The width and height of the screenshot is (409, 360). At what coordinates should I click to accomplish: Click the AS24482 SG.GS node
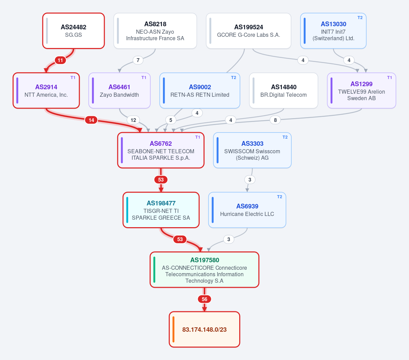coord(74,31)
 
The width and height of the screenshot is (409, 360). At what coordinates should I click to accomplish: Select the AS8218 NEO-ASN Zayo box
coord(155,31)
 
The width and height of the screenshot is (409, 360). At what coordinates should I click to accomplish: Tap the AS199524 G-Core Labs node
coord(248,31)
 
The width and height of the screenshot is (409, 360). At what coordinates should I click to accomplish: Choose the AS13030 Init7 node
coord(333,31)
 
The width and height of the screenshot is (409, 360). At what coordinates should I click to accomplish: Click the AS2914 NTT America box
coord(46,91)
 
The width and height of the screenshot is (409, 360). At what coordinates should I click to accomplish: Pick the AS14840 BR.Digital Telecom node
coord(284,91)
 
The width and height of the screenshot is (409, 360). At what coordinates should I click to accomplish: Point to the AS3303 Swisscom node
coord(252,150)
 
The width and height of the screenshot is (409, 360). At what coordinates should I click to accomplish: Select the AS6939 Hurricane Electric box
coord(247,210)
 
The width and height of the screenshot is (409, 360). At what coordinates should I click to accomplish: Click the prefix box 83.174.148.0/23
coord(204,330)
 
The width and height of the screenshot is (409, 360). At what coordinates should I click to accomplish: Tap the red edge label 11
coord(60,60)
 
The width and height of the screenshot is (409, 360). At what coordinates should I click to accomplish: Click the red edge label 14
coord(91,120)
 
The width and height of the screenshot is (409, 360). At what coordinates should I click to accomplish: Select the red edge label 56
coord(204,299)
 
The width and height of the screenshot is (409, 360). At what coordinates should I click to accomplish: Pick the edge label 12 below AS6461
coord(133,120)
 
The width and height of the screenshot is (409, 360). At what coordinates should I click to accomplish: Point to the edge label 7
coord(138,60)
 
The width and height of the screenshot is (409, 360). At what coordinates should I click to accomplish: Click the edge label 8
coord(275,120)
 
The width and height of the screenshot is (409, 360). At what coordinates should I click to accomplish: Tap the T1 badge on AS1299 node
coord(390,78)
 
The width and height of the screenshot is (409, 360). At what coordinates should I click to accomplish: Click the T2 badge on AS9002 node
coord(233,78)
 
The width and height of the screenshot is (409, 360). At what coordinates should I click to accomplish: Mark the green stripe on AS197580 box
coord(154,270)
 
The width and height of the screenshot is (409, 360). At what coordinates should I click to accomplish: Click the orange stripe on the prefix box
coord(173,330)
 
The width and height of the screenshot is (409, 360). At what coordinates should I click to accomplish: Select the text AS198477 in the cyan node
coord(161,203)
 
